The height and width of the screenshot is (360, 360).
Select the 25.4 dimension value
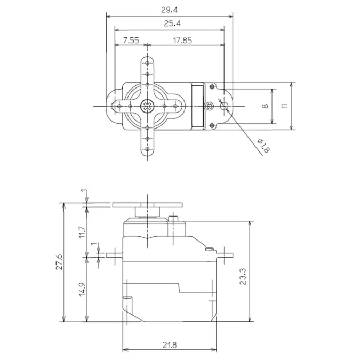click(169, 23)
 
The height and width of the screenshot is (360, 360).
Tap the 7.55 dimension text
click(131, 40)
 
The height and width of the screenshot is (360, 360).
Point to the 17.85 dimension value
click(182, 40)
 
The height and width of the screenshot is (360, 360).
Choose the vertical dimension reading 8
click(265, 106)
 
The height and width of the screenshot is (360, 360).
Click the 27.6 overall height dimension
click(59, 262)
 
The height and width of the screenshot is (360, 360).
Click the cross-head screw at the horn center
click(146, 106)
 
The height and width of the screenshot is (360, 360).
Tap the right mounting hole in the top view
click(223, 106)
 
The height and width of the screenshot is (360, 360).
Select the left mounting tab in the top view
click(114, 106)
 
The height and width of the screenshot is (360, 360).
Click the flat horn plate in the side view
click(148, 204)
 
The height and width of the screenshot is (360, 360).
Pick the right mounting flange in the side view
click(224, 254)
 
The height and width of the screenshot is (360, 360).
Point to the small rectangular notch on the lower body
click(127, 298)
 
